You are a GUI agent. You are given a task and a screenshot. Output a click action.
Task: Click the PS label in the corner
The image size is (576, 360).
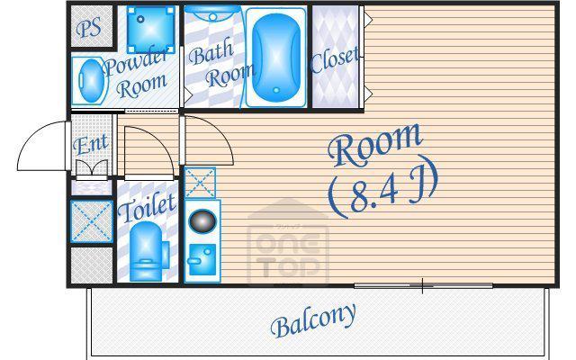coord(89,28)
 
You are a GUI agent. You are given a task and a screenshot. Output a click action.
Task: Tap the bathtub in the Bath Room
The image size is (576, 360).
coord(276,58)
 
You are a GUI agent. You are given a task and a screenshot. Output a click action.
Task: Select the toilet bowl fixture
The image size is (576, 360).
coord(148,250)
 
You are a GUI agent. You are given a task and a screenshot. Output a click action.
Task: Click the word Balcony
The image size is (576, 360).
coord(314,320)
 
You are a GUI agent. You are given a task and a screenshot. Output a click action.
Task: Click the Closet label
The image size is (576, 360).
coord(335,60)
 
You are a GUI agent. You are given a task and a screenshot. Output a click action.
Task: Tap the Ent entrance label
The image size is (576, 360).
coord(91,144)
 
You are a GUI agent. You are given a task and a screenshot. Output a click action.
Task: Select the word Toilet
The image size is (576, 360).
coord(147,208)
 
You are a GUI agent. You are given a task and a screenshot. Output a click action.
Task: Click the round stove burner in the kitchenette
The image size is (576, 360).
coord(202,220)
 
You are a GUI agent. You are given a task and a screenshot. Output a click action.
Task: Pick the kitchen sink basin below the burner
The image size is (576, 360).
coord(202,259)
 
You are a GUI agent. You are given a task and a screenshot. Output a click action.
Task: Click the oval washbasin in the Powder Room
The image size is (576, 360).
coord(91,81)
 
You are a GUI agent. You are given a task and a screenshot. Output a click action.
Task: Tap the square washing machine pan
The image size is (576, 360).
coord(150,29)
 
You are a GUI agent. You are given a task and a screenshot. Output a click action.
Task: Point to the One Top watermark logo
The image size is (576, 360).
coord(288,242)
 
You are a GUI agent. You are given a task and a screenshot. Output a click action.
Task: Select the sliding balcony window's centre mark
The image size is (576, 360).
coord(422,286)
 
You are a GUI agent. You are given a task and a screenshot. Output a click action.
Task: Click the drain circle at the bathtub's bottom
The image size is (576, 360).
coord(276,90)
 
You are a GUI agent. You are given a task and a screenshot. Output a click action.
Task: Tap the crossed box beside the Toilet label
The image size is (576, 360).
coord(92,221)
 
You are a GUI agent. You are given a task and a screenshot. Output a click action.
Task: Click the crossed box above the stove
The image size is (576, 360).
coord(200,183)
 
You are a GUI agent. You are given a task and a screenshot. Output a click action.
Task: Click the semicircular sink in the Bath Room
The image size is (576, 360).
coord(212,15)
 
